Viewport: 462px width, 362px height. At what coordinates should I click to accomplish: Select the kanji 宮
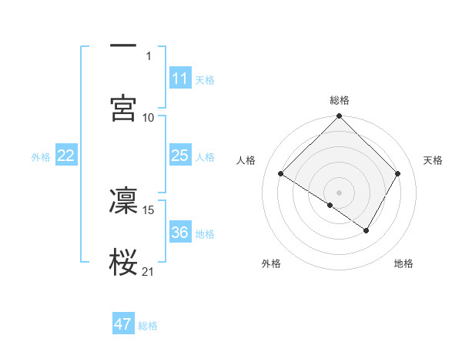pyautogui.click(x=123, y=107)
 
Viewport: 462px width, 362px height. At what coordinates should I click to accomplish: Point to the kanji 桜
pyautogui.click(x=123, y=262)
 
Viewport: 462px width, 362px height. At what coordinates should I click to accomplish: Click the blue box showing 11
pyautogui.click(x=180, y=79)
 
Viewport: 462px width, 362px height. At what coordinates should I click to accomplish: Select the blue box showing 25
pyautogui.click(x=180, y=156)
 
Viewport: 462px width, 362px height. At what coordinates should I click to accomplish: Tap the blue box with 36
pyautogui.click(x=180, y=233)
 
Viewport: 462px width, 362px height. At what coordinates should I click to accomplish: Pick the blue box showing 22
pyautogui.click(x=66, y=156)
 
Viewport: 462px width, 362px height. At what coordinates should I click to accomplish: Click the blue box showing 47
pyautogui.click(x=123, y=324)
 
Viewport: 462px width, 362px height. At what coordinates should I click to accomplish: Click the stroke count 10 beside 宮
pyautogui.click(x=149, y=117)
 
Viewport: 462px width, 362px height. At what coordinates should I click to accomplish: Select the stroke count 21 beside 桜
pyautogui.click(x=149, y=271)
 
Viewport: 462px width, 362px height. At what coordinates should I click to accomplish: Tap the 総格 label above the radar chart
pyautogui.click(x=340, y=100)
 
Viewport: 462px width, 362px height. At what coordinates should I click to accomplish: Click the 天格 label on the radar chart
pyautogui.click(x=433, y=160)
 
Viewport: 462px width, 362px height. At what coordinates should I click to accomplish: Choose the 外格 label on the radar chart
pyautogui.click(x=271, y=263)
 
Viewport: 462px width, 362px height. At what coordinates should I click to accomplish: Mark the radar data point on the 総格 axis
pyautogui.click(x=340, y=117)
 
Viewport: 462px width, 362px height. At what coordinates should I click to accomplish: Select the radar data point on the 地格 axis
pyautogui.click(x=367, y=230)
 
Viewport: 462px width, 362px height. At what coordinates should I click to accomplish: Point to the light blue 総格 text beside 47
pyautogui.click(x=148, y=326)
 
